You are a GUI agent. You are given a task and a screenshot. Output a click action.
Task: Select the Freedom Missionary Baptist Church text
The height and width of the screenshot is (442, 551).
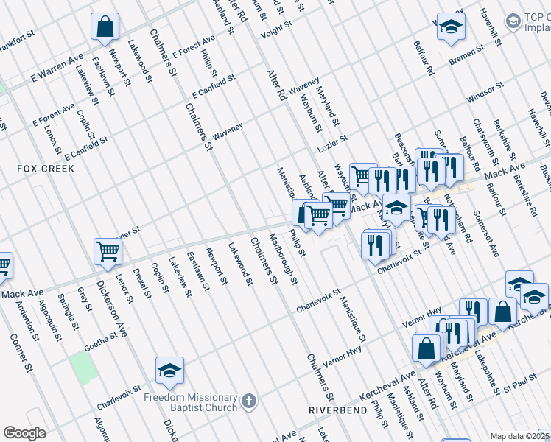[202, 401]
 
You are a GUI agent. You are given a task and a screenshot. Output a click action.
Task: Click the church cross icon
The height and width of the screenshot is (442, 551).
[249, 401]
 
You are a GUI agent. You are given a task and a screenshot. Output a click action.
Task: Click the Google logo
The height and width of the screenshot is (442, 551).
[24, 433]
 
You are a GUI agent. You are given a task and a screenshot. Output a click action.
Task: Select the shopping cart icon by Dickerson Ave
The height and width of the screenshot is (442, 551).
[108, 252]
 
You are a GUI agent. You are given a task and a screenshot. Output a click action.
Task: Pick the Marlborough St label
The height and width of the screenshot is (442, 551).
[284, 259]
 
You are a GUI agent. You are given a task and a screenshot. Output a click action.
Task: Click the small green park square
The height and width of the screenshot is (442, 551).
[85, 368]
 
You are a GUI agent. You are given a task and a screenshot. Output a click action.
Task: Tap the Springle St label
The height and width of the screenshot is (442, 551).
[70, 313]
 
